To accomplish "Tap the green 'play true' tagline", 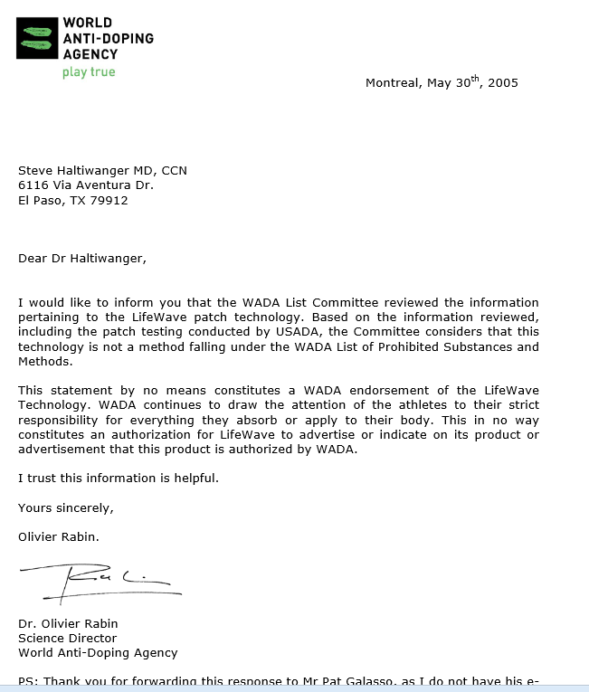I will (x=89, y=71).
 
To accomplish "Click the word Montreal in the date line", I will (x=393, y=83).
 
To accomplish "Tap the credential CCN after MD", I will (x=175, y=170).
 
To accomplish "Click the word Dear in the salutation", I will (x=33, y=259).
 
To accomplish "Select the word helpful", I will (x=195, y=478).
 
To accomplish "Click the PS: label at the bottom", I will (x=28, y=681).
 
